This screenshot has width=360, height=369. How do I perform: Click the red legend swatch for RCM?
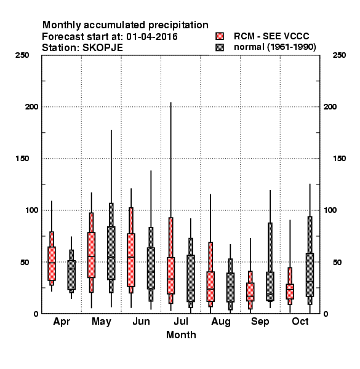[220, 36]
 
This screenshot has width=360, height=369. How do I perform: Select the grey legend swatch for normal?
[220, 47]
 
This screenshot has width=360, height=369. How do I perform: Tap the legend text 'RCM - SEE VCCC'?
[271, 36]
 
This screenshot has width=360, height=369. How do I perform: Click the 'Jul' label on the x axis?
[181, 322]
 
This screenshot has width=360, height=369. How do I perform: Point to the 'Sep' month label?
[260, 322]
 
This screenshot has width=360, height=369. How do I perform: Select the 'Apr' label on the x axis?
[62, 322]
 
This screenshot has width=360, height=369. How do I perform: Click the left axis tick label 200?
[31, 106]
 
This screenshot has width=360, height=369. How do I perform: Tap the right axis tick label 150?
[339, 159]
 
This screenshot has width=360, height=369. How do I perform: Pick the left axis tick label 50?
[25, 262]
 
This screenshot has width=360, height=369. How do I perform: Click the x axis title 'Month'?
[181, 335]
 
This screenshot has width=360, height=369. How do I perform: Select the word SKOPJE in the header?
[103, 48]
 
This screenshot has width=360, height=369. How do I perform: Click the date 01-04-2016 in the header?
[152, 37]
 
